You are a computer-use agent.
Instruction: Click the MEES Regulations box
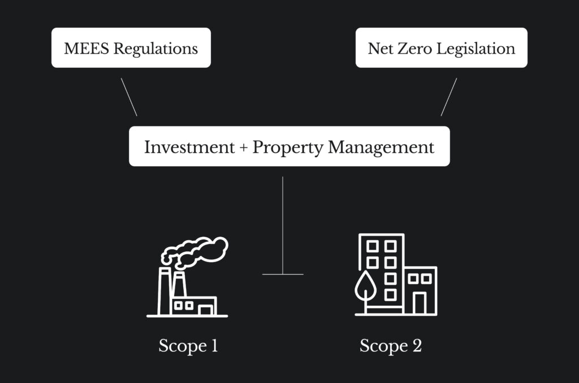[131, 48]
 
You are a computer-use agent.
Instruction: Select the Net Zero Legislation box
[441, 48]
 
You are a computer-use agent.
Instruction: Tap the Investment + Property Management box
[289, 146]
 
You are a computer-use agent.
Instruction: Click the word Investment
[189, 147]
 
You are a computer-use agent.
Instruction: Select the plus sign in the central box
[243, 147]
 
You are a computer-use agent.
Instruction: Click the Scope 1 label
[188, 345]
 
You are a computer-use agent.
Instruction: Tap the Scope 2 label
[390, 345]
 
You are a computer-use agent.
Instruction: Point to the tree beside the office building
[365, 285]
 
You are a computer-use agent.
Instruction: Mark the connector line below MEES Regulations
[129, 97]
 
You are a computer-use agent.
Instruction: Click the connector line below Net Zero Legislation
[449, 97]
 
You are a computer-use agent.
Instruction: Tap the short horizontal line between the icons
[283, 275]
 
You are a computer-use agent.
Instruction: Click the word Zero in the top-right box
[411, 48]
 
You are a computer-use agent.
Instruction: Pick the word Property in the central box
[287, 147]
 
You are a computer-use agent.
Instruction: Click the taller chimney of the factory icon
[164, 291]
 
